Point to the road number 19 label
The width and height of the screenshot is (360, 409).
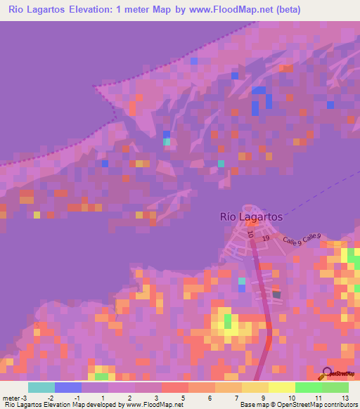pos(266,239)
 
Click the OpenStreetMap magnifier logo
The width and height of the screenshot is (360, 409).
pos(327,372)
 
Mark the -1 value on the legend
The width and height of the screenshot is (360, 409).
pos(77,398)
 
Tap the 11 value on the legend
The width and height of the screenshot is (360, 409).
pos(317,398)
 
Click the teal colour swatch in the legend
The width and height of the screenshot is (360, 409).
pos(41,387)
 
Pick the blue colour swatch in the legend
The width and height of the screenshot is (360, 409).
pos(67,387)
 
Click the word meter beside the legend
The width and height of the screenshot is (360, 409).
pos(10,398)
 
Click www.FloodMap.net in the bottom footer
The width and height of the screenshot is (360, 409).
pos(155,405)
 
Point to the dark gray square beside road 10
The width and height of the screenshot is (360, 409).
pos(276,294)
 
